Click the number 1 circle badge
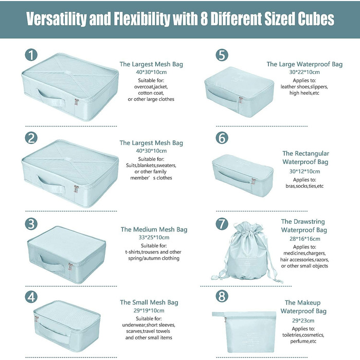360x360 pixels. tap(31, 55)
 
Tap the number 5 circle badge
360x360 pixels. tap(222, 55)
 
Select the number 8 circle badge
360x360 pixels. tap(222, 296)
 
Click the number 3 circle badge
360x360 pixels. tap(31, 224)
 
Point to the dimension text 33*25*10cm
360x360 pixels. tap(154, 238)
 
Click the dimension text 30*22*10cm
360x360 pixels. tap(304, 72)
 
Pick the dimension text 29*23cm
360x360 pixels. tap(303, 320)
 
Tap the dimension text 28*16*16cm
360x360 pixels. tap(304, 239)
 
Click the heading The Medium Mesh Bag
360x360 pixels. tap(154, 229)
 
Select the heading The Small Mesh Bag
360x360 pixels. tap(149, 302)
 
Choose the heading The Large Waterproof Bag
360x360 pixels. tap(304, 64)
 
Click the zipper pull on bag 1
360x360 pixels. tap(77, 102)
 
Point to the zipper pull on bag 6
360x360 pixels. tap(253, 182)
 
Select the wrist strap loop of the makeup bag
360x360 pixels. tap(219, 314)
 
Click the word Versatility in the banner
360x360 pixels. tap(56, 19)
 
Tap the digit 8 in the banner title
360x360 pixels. tap(204, 19)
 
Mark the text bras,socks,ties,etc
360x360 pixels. tap(304, 186)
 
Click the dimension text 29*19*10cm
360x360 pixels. tap(149, 311)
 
